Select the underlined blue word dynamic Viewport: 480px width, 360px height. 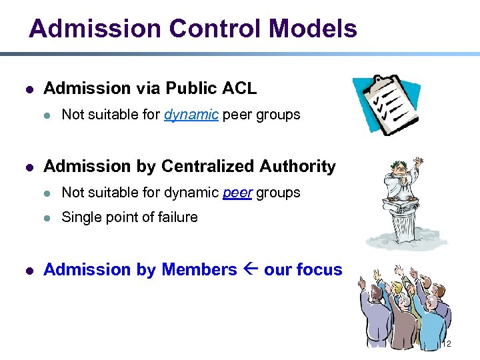click(191, 115)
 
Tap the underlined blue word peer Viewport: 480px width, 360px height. click(237, 193)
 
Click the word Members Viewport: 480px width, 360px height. click(199, 270)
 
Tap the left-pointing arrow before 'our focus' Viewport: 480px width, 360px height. click(251, 270)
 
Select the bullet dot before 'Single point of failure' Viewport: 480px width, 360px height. click(47, 218)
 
